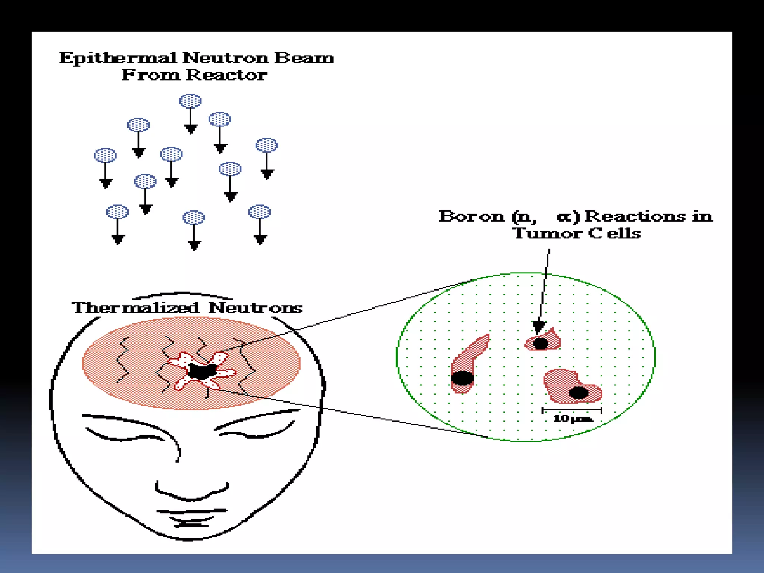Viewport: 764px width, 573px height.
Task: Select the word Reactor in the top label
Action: tap(226, 75)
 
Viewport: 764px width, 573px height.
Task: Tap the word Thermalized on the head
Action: tap(135, 308)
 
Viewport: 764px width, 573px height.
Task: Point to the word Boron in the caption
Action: tap(471, 216)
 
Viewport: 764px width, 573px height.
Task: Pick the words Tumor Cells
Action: tap(576, 234)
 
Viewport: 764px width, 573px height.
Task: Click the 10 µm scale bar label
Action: tap(572, 418)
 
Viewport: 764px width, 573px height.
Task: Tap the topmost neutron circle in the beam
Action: tap(190, 101)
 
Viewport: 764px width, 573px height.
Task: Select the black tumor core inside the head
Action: tap(201, 371)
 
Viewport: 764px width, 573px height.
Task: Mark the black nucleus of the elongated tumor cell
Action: tap(462, 378)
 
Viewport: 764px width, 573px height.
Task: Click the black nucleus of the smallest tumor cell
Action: tap(541, 343)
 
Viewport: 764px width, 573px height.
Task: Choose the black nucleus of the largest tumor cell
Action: tap(579, 392)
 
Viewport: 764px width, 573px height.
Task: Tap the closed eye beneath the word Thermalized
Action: tap(125, 435)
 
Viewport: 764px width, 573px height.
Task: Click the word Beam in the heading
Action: tap(304, 58)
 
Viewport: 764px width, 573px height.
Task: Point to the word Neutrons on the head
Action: tap(255, 308)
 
